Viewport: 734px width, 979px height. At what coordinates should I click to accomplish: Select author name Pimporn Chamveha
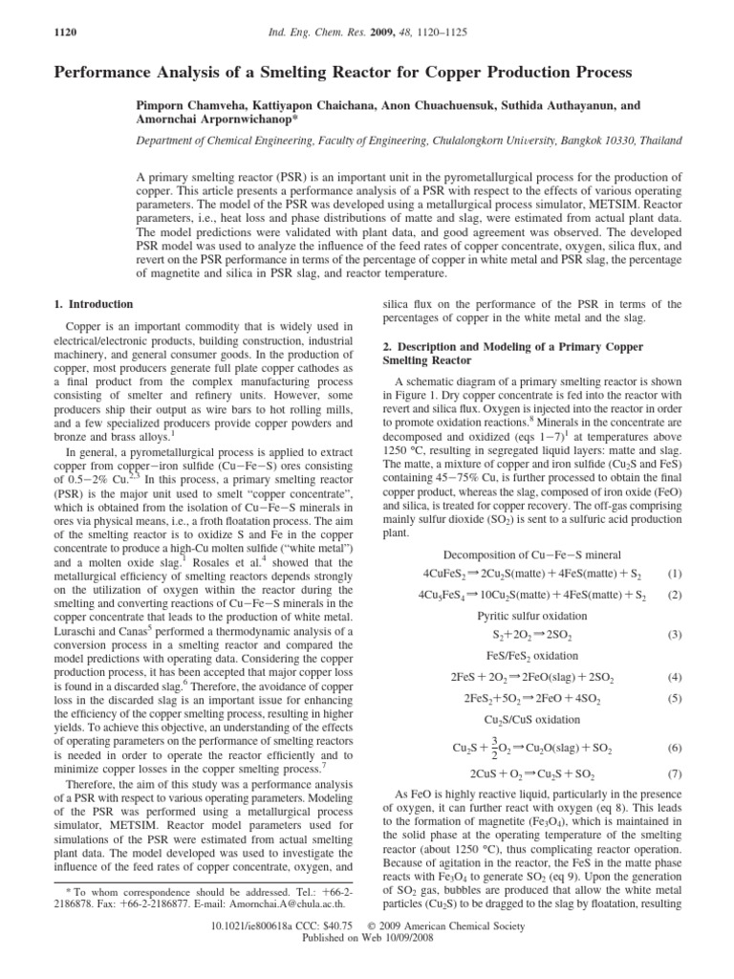(x=201, y=106)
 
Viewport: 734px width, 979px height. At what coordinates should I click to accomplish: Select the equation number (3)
(x=675, y=634)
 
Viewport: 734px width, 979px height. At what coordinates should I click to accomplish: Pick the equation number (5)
(x=675, y=697)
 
